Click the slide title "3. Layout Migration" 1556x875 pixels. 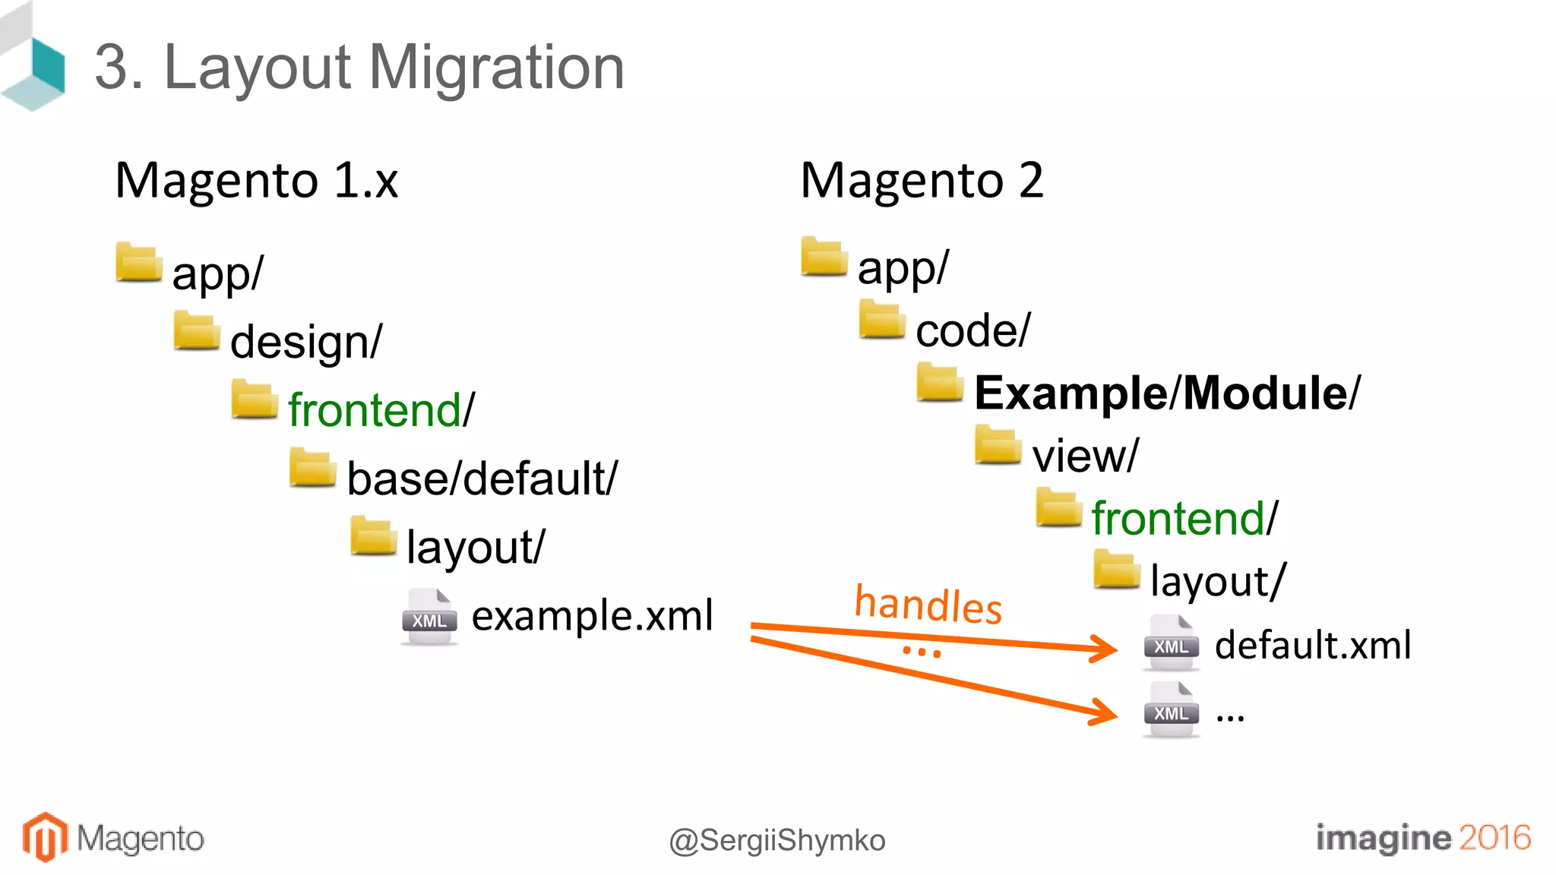[359, 68]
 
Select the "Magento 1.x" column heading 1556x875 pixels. [256, 181]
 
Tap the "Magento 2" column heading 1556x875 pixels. [922, 181]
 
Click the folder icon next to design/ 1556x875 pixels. [196, 331]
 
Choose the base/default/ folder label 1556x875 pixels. [482, 479]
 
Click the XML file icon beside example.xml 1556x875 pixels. [429, 617]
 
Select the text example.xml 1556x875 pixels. [592, 615]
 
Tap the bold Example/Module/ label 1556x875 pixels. [1167, 393]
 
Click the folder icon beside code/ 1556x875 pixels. [881, 319]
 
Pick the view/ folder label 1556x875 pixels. [1085, 456]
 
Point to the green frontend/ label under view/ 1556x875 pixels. [1184, 519]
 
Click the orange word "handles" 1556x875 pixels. [928, 605]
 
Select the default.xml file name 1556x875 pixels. [1312, 645]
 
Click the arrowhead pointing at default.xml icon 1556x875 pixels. [1105, 648]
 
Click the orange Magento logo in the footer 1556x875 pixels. [44, 837]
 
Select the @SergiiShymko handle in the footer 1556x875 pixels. [776, 840]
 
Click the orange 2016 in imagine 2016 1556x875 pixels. [1494, 837]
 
